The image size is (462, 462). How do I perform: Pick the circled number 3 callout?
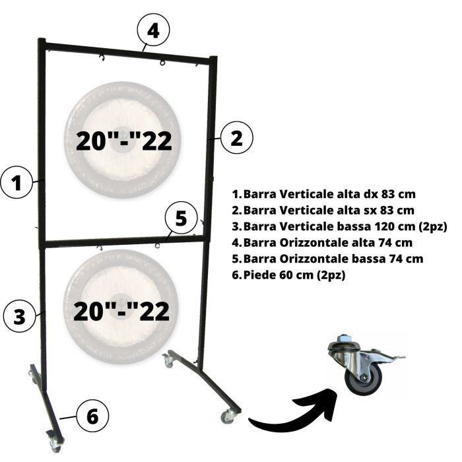pyautogui.click(x=20, y=315)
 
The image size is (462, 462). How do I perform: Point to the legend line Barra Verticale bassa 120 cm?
pyautogui.click(x=339, y=227)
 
